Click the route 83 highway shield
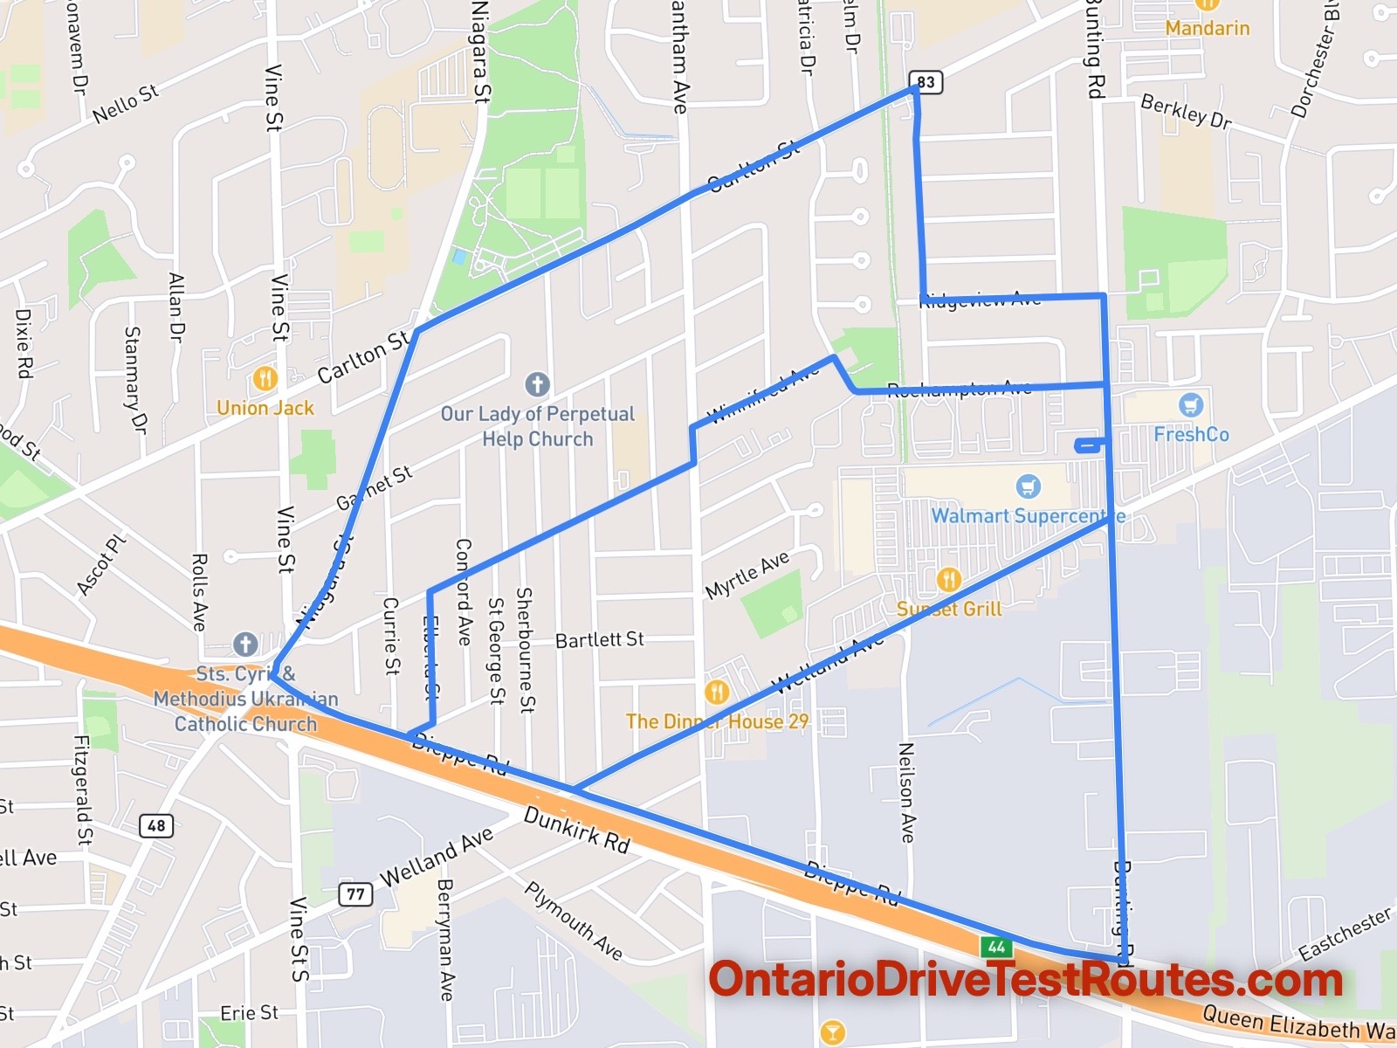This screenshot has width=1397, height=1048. coord(926,82)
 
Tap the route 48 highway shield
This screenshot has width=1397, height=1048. coord(156,825)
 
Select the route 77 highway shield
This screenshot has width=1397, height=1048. coord(355,893)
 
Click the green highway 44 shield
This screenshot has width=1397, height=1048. coord(996,947)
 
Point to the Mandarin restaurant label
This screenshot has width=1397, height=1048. coord(1207,28)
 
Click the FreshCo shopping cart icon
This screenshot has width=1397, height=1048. coord(1191,405)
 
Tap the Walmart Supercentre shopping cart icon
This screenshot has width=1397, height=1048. coord(1029,486)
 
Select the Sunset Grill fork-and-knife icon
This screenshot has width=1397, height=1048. coord(948,579)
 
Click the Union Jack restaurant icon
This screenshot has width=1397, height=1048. coord(265,379)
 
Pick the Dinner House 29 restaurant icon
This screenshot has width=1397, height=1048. coord(716,693)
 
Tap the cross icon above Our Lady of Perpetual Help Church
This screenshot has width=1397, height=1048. coord(537,383)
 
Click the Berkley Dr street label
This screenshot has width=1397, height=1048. coord(1186,112)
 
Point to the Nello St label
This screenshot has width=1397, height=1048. coord(126,103)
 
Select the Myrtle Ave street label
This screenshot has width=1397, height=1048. coord(747,575)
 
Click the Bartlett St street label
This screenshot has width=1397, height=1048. coord(600,639)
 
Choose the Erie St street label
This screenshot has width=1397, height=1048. coord(249,1013)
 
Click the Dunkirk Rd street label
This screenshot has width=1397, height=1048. coord(576,829)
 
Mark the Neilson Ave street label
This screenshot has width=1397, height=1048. coord(907,792)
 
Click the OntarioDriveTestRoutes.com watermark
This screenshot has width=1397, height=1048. coord(1025,980)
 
